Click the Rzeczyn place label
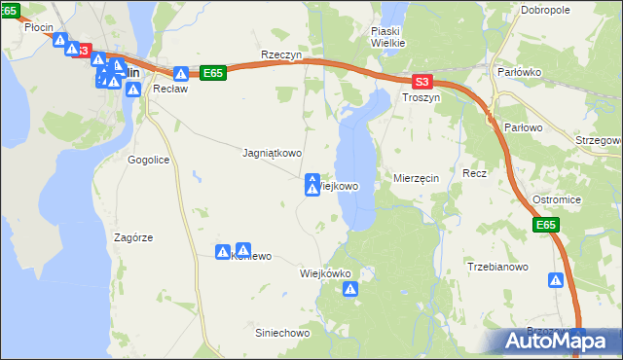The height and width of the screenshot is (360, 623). (281, 55)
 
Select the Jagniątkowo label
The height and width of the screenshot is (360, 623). (272, 153)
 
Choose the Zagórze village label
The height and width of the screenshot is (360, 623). (134, 237)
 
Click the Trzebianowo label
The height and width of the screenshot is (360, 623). (497, 267)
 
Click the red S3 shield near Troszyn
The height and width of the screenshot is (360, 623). (421, 84)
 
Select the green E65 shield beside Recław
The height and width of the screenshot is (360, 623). (214, 73)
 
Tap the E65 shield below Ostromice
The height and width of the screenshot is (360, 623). (547, 226)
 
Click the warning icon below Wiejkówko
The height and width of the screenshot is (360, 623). (350, 289)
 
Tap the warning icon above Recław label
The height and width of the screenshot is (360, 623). (181, 74)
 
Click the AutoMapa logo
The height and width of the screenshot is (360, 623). (559, 342)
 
